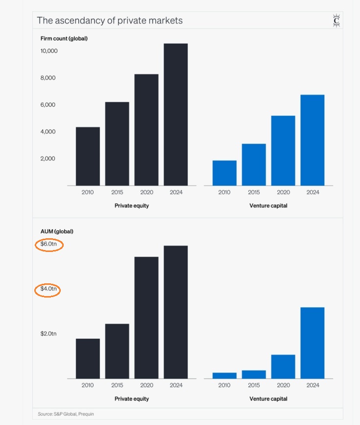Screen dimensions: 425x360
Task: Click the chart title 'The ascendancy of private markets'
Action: coord(110,21)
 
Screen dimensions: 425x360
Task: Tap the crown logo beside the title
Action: coord(336,21)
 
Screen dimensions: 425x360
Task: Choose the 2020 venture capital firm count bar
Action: coord(283,150)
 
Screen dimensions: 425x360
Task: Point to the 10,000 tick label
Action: coord(49,51)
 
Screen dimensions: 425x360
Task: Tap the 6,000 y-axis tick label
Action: coord(50,105)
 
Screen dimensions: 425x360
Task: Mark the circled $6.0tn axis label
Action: coord(49,244)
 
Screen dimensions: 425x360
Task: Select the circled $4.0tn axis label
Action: coord(49,289)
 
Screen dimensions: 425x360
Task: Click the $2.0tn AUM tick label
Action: coord(49,334)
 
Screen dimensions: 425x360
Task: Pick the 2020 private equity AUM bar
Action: coord(146,317)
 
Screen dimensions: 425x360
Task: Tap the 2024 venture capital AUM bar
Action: coord(312,343)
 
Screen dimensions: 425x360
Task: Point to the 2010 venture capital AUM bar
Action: coord(224,375)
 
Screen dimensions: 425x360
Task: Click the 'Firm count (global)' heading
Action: coord(64,38)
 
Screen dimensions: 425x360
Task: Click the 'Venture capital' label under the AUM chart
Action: coord(268,399)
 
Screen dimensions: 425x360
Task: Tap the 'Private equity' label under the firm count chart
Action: coord(132,206)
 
